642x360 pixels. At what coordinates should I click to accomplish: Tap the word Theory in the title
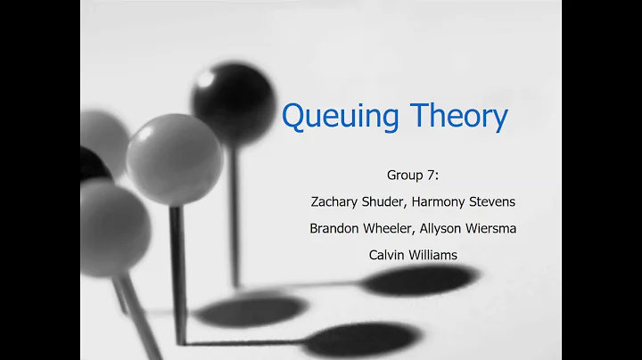(x=459, y=116)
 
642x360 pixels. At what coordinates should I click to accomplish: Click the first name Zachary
(x=340, y=202)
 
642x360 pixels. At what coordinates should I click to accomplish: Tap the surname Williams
(x=434, y=255)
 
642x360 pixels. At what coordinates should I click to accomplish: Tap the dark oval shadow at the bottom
(x=251, y=309)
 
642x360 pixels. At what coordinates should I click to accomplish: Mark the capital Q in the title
(x=294, y=116)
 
